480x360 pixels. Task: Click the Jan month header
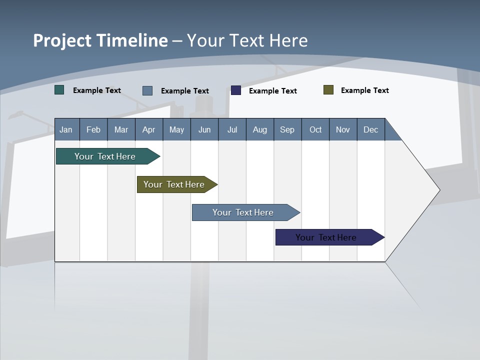pyautogui.click(x=66, y=129)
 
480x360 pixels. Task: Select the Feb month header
pyautogui.click(x=93, y=129)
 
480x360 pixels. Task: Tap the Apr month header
pyautogui.click(x=148, y=129)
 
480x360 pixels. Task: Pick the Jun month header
pyautogui.click(x=204, y=129)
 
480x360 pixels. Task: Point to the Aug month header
pyautogui.click(x=259, y=129)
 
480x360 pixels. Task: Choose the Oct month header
pyautogui.click(x=315, y=129)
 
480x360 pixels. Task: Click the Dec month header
pyautogui.click(x=370, y=129)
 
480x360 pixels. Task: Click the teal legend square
pyautogui.click(x=59, y=90)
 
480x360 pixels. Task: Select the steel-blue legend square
pyautogui.click(x=147, y=90)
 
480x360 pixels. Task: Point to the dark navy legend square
pyautogui.click(x=236, y=90)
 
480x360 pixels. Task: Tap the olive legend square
pyautogui.click(x=328, y=90)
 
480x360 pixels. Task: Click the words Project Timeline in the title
pyautogui.click(x=100, y=40)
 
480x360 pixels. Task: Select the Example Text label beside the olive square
pyautogui.click(x=364, y=90)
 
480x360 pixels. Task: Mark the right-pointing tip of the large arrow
pyautogui.click(x=438, y=190)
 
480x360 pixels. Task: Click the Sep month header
pyautogui.click(x=287, y=129)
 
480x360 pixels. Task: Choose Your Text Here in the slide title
pyautogui.click(x=247, y=40)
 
